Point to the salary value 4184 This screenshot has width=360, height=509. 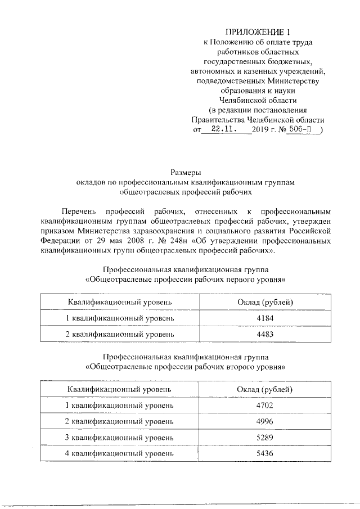click(x=264, y=318)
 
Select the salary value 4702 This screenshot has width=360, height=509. click(x=264, y=406)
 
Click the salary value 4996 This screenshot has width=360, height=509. click(x=264, y=422)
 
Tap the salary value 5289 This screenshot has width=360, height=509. click(x=264, y=438)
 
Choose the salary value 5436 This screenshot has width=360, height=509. click(x=264, y=454)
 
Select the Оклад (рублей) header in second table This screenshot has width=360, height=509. click(x=264, y=389)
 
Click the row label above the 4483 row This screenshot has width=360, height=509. click(x=120, y=318)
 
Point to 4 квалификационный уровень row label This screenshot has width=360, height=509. click(x=120, y=454)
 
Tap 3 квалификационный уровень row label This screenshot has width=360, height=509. click(x=120, y=438)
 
